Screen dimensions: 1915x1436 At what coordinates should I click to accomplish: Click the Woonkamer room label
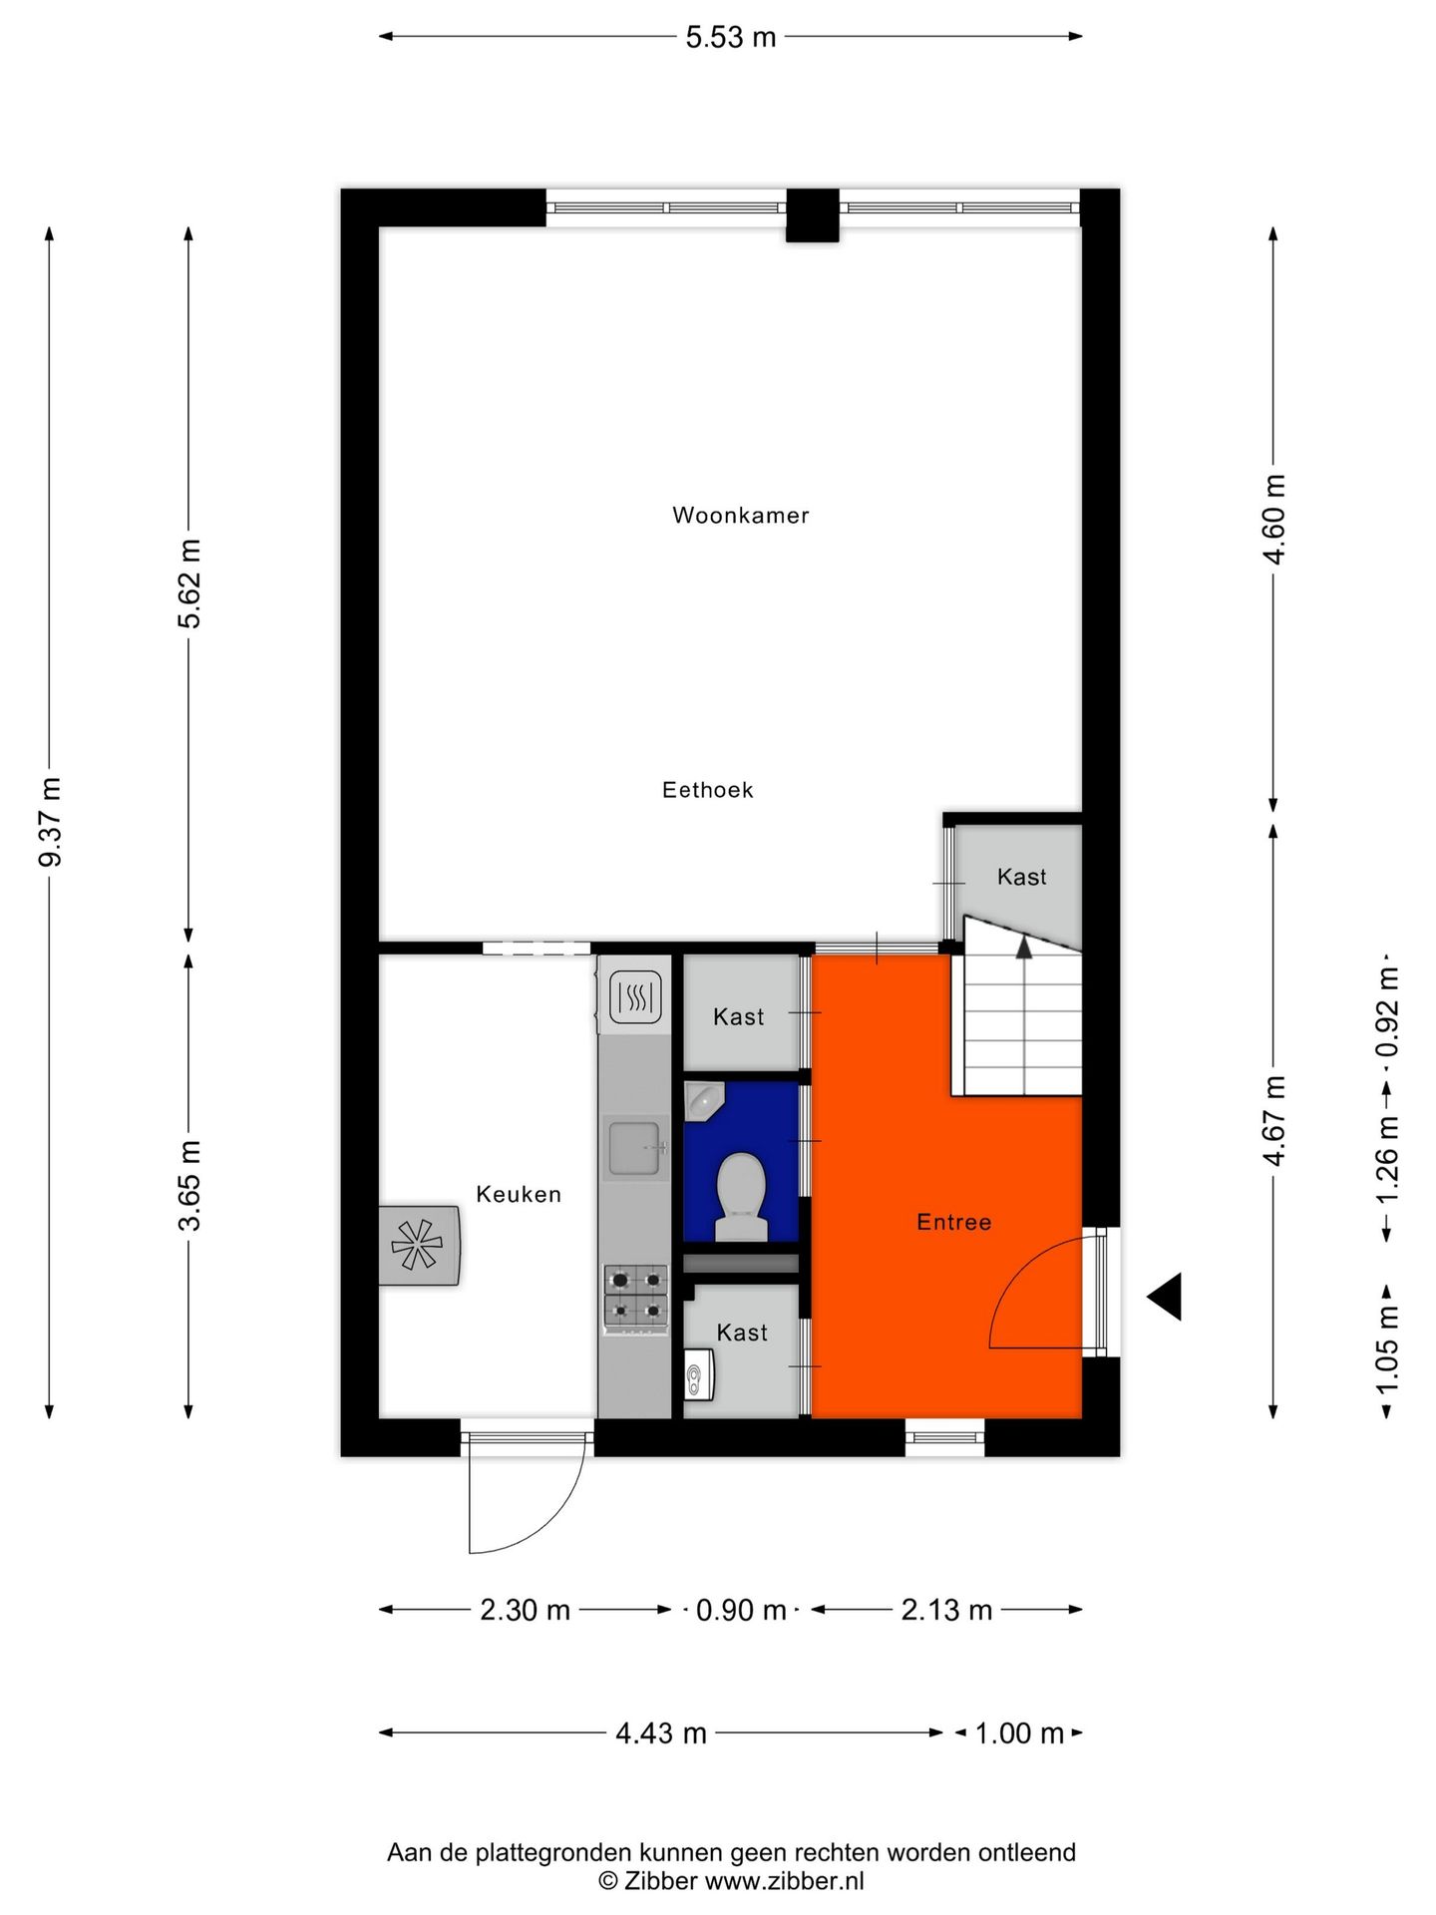[x=740, y=516]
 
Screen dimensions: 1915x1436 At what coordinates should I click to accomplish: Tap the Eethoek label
[x=707, y=790]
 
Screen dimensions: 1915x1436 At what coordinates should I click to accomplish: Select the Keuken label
[x=518, y=1194]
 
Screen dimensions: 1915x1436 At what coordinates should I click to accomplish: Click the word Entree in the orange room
[x=953, y=1222]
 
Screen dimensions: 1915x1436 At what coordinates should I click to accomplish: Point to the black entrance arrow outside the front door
[x=1166, y=1297]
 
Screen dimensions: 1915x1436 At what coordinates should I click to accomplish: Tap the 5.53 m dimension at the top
[x=730, y=37]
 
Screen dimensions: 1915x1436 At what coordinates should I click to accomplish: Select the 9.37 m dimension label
[x=51, y=822]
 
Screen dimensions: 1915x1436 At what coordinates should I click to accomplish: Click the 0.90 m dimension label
[x=740, y=1610]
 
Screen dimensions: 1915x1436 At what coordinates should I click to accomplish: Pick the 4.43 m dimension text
[x=660, y=1732]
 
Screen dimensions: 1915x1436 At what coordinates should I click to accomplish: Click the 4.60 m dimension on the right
[x=1274, y=519]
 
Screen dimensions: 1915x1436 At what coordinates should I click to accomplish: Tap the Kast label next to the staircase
[x=1021, y=877]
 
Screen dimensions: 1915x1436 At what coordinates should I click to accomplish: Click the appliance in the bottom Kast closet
[x=697, y=1376]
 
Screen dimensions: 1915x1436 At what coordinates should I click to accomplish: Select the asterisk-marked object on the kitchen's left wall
[x=419, y=1245]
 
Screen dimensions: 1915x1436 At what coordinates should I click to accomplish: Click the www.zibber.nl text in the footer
[x=784, y=1880]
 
